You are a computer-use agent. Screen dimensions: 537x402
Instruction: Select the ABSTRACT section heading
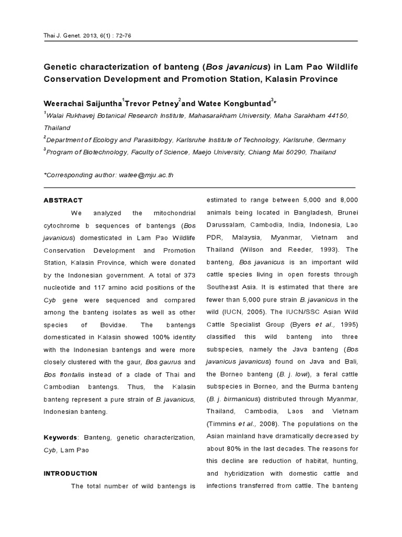click(x=63, y=200)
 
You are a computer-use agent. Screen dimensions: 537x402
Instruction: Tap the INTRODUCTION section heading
click(x=70, y=473)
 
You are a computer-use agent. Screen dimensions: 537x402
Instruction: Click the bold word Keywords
click(x=60, y=437)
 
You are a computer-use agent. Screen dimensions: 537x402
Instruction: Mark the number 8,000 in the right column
click(x=347, y=200)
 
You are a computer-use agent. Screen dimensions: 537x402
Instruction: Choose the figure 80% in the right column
click(x=236, y=448)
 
